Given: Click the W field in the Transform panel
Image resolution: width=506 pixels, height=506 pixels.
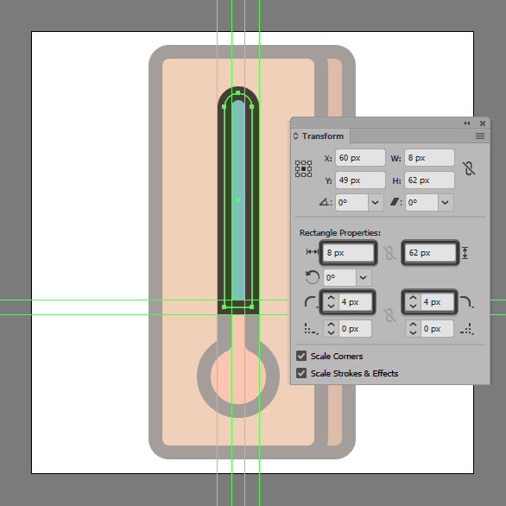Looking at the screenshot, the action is point(429,158).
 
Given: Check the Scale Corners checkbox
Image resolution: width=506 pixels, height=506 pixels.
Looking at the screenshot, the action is point(301,356).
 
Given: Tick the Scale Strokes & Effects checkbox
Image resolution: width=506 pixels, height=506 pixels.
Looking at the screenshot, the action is point(301,373).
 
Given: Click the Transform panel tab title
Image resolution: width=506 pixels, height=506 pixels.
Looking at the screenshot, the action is point(323,136).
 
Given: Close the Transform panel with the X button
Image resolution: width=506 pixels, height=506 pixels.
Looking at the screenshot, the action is point(483,123).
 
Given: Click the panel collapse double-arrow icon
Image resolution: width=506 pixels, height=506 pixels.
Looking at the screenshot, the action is point(466,123).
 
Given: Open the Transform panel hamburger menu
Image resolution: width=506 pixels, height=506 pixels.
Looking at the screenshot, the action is point(480,136).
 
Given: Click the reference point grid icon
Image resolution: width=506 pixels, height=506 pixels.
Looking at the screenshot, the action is point(303,168).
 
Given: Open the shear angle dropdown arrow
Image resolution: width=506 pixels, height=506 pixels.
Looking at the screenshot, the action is point(446,203).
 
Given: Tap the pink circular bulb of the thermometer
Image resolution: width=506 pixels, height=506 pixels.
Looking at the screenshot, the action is point(238,376).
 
